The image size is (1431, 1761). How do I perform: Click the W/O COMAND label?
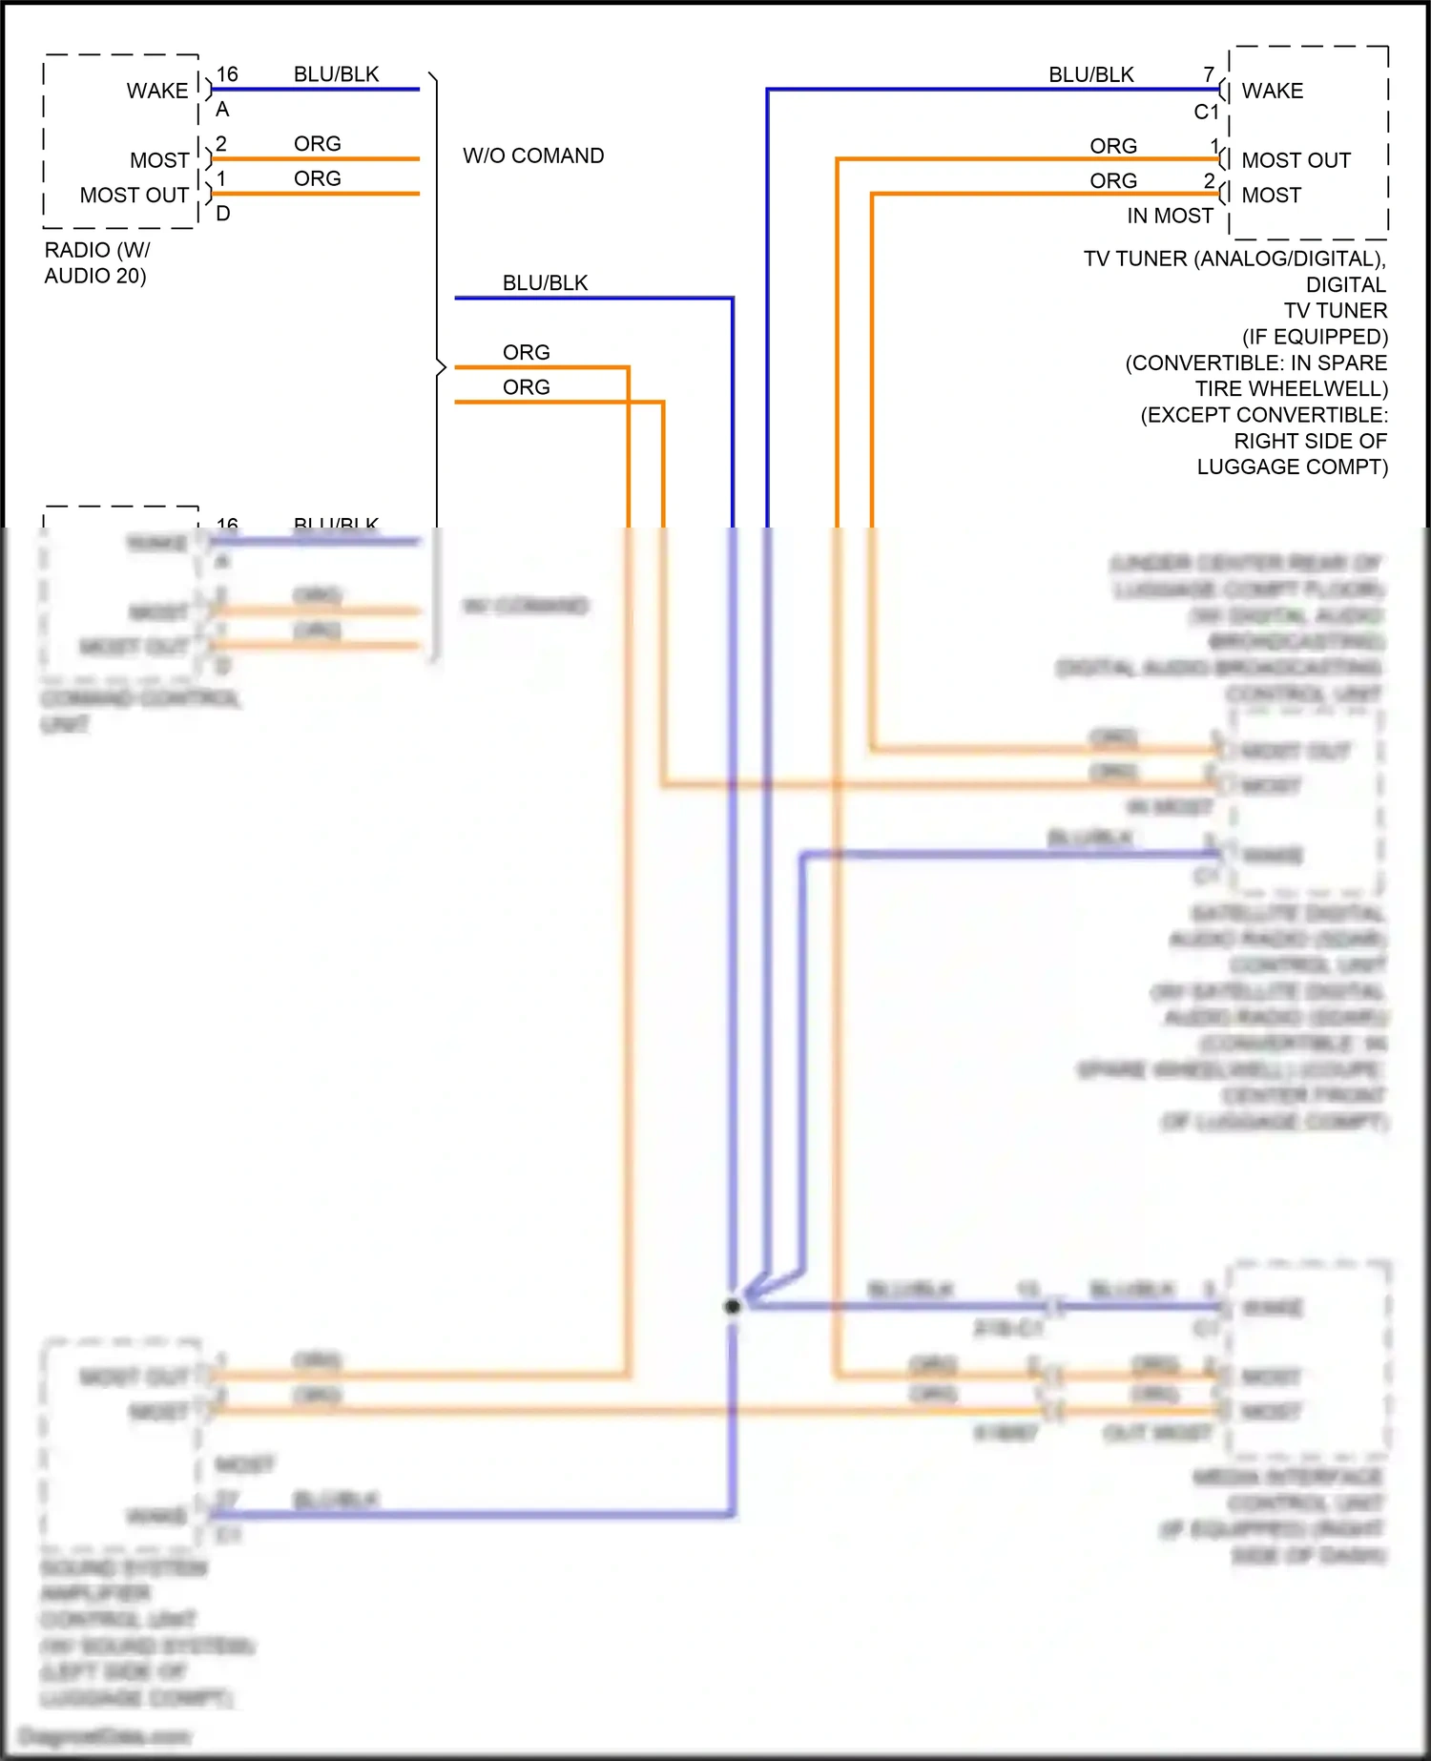[x=533, y=155]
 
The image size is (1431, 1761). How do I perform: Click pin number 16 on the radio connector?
[x=227, y=74]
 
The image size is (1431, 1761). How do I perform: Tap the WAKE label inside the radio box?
[x=157, y=91]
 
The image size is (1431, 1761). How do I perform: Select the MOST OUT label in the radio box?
[x=134, y=195]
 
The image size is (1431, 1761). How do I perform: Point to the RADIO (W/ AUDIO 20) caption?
[x=95, y=262]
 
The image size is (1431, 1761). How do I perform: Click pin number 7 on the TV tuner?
[x=1209, y=74]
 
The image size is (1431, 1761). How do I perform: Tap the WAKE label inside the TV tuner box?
[x=1272, y=91]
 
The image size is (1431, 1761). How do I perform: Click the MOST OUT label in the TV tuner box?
[x=1296, y=160]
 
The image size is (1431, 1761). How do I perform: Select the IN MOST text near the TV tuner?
[x=1170, y=216]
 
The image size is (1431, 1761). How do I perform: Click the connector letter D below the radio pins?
[x=223, y=214]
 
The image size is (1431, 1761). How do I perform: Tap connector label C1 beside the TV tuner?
[x=1206, y=112]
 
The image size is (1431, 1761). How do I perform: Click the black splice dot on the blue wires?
[x=732, y=1306]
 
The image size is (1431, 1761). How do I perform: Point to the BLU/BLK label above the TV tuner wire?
[x=1091, y=74]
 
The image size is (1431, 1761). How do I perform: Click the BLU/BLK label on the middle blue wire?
[x=545, y=283]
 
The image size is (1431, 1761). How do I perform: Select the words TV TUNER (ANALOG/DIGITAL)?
[x=1234, y=259]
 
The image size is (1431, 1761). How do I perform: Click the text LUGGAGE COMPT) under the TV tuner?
[x=1292, y=466]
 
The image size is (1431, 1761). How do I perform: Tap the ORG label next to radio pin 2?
[x=317, y=144]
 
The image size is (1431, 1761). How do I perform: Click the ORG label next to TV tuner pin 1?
[x=1113, y=146]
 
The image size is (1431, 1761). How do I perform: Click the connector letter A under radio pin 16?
[x=222, y=110]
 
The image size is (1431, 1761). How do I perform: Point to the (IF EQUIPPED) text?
[x=1315, y=337]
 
